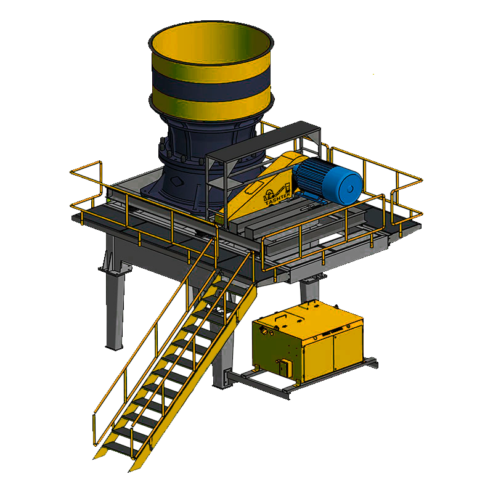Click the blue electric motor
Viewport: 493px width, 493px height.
[x=327, y=179]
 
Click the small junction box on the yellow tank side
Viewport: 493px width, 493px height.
[x=285, y=367]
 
